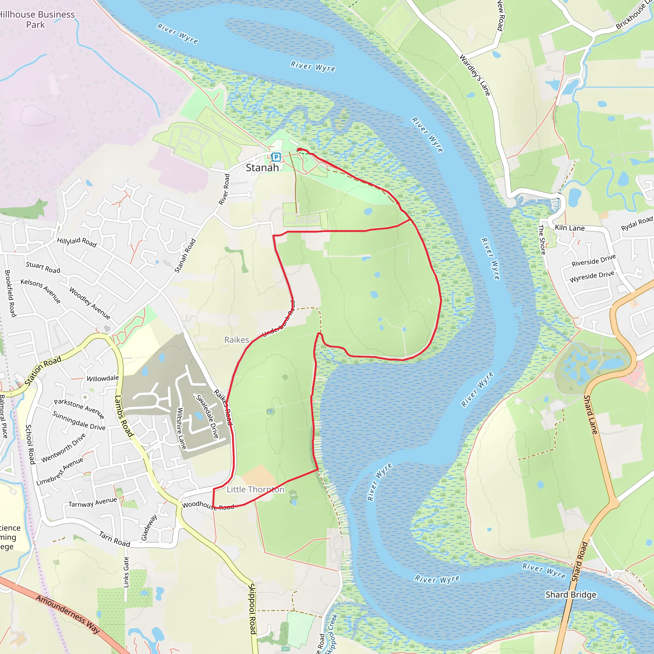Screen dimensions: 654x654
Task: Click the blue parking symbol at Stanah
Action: click(x=276, y=157)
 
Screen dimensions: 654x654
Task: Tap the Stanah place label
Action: click(x=262, y=168)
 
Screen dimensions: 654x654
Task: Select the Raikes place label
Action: click(x=237, y=340)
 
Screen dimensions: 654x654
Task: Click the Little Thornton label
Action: click(x=255, y=490)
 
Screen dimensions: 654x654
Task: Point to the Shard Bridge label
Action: click(x=571, y=595)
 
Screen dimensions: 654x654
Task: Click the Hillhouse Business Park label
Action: click(x=36, y=19)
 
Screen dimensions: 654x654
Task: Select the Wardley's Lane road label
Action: click(x=475, y=75)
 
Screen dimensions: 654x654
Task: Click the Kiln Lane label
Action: click(x=570, y=228)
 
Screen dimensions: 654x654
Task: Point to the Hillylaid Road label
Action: click(x=77, y=242)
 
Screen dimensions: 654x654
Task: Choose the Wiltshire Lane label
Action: click(x=181, y=429)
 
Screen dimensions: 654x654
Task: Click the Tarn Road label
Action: click(x=114, y=539)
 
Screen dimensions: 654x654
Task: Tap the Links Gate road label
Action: click(x=126, y=572)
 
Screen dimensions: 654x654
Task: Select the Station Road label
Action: click(x=43, y=371)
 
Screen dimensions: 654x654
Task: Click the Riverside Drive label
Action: click(x=593, y=260)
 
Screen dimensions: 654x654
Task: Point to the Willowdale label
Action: click(x=103, y=378)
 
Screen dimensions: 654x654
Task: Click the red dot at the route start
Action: click(x=299, y=150)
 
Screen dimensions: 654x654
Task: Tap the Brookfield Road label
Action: click(x=10, y=293)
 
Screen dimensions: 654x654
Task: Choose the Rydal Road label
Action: click(x=636, y=224)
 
